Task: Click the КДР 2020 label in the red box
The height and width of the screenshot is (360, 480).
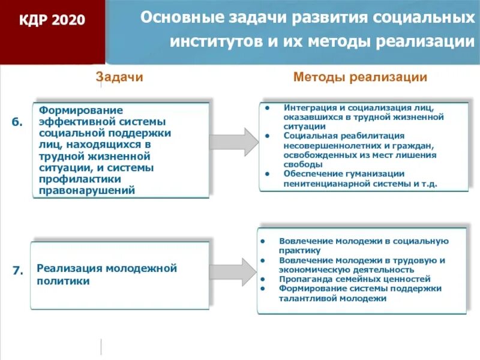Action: (x=52, y=21)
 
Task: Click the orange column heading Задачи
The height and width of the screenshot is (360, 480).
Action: (x=120, y=77)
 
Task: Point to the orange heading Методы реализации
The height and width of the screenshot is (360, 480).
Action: (x=360, y=77)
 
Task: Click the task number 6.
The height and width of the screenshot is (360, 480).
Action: (x=17, y=122)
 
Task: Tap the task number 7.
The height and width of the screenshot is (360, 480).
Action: (x=17, y=271)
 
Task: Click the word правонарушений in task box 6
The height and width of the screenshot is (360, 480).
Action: (x=87, y=191)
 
